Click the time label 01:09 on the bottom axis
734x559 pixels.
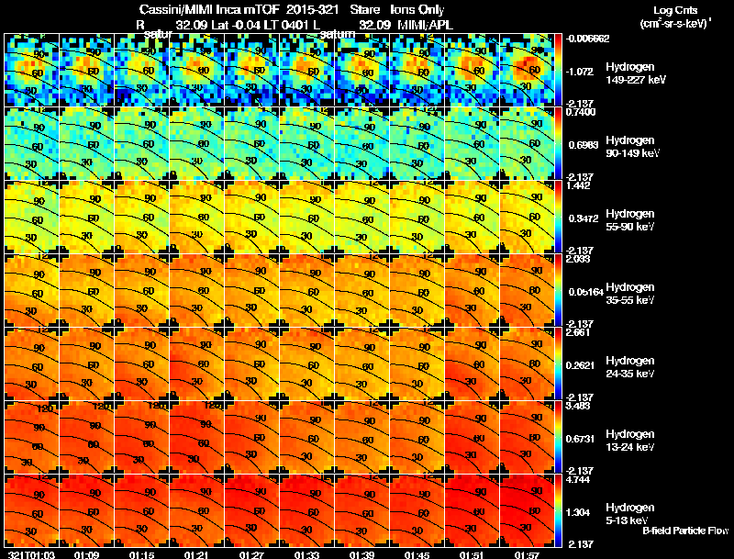click(86, 554)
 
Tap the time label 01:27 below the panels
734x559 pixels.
click(251, 554)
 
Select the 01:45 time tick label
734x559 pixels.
click(417, 554)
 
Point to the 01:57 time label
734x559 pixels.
click(526, 554)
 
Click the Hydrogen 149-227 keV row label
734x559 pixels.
click(632, 73)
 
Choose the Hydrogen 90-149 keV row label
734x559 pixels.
click(632, 147)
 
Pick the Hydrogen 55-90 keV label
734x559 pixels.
click(630, 220)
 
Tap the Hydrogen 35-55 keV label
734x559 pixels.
click(630, 294)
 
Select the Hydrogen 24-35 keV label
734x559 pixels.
click(630, 367)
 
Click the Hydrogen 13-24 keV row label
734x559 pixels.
click(630, 440)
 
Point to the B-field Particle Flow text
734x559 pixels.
click(684, 531)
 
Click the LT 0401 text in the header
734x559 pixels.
click(278, 25)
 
